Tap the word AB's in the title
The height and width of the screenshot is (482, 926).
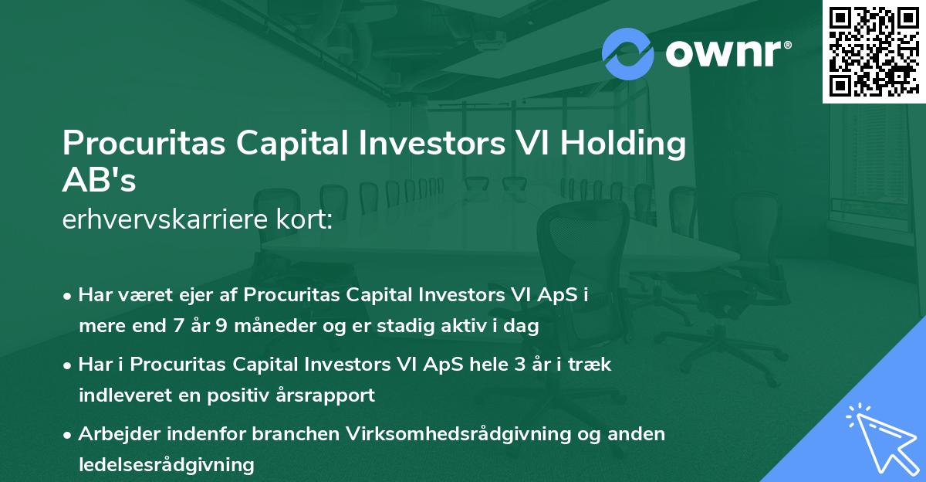99,181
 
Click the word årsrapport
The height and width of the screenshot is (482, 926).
326,395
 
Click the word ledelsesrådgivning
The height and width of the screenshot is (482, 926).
166,464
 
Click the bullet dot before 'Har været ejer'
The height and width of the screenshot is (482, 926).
69,296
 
